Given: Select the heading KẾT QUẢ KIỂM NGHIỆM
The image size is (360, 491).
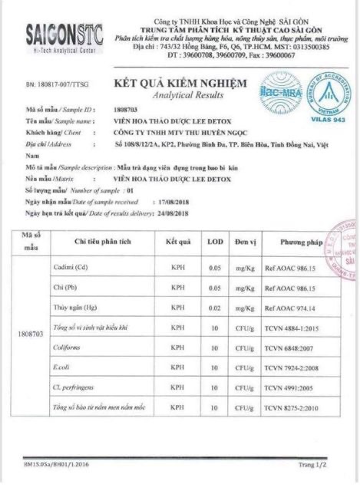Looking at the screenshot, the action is click(180, 83).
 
